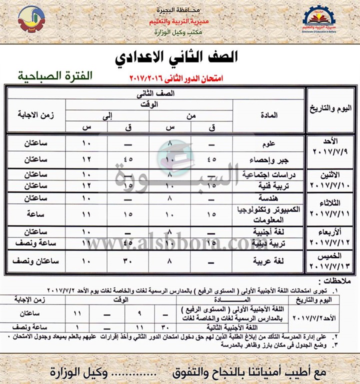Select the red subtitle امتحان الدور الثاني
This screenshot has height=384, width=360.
176,78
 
